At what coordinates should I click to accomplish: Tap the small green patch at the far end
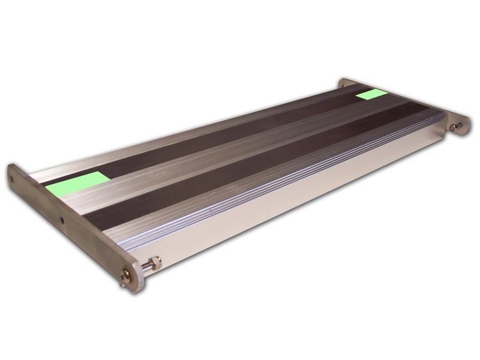coord(371,94)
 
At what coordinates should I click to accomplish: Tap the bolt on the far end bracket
coord(456,127)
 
